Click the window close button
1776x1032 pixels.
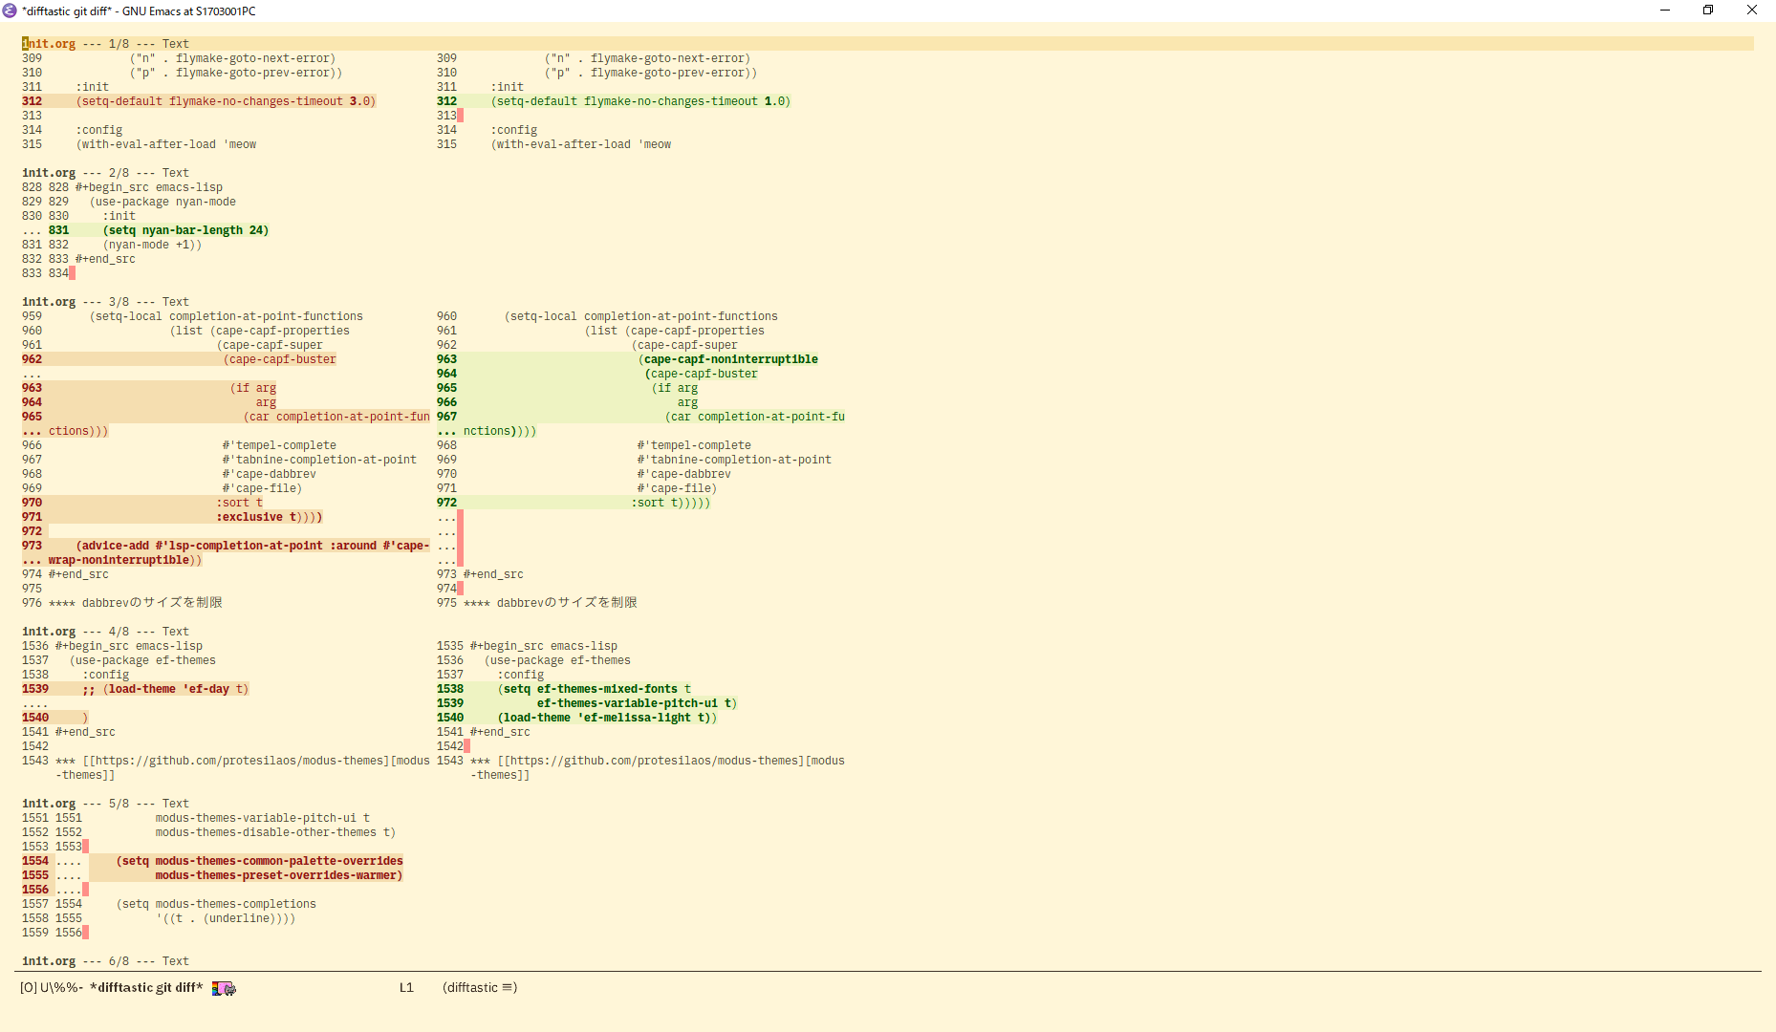coord(1752,11)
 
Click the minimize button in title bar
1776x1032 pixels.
coord(1665,11)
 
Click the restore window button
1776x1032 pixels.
coord(1708,11)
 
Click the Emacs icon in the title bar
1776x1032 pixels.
coord(10,11)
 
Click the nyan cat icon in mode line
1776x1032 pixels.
coord(224,988)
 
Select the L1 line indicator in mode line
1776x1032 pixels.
coord(406,988)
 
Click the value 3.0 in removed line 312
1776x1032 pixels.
coord(359,101)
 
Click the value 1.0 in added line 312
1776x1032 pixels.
coord(774,101)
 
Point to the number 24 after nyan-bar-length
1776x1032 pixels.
coord(257,230)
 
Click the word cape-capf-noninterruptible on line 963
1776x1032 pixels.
coord(730,359)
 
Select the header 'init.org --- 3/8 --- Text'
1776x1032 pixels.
coord(105,302)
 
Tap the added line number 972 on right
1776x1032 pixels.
coord(446,503)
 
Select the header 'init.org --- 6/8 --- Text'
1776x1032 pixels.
coord(105,961)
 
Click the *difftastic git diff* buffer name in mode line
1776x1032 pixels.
coord(146,988)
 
